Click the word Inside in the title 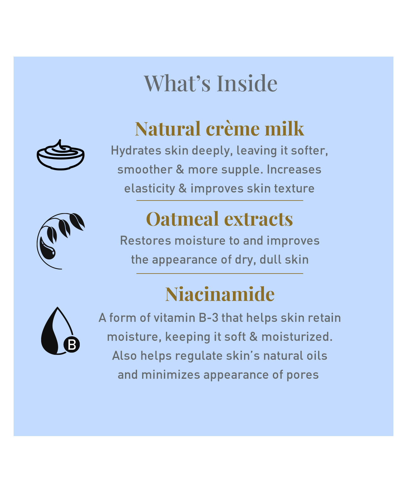coord(247,83)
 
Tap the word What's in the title coord(177,83)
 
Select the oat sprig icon coord(61,241)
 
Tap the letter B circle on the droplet coord(72,344)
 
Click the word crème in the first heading coord(233,129)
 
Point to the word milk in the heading coord(284,129)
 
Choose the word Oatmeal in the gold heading coord(182,219)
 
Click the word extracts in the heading coord(258,219)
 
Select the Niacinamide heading coord(220,294)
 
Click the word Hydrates coord(136,151)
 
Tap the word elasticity coord(150,189)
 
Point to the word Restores coord(145,241)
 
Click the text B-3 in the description coord(209,318)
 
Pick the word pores coord(303,375)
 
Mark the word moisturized coord(297,337)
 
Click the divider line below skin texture coord(220,200)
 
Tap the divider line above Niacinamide coord(220,274)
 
